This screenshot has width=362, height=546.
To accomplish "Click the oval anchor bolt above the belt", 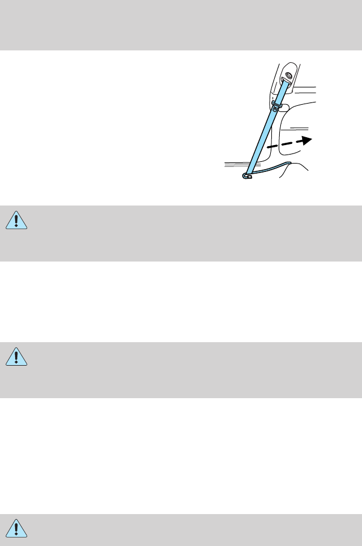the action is click(289, 76).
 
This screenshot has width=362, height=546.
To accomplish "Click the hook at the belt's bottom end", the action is click(247, 176).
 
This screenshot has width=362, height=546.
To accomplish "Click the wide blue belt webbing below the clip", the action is click(263, 140).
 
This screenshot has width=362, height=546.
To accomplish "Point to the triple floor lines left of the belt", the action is click(234, 166).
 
